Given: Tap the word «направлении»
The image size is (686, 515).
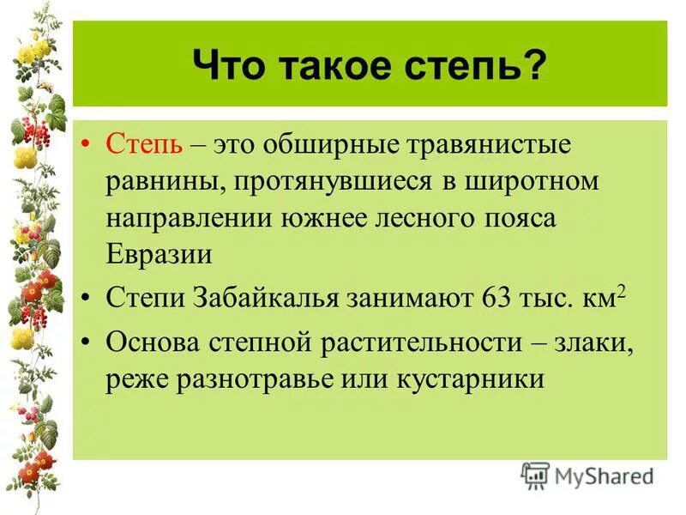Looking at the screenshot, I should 190,218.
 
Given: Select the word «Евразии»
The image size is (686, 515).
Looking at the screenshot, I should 159,255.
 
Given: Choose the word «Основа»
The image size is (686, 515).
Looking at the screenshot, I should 151,342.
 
